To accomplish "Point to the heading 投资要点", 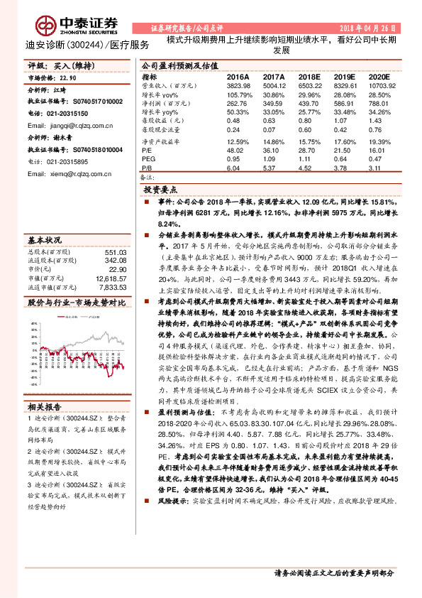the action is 160,190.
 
